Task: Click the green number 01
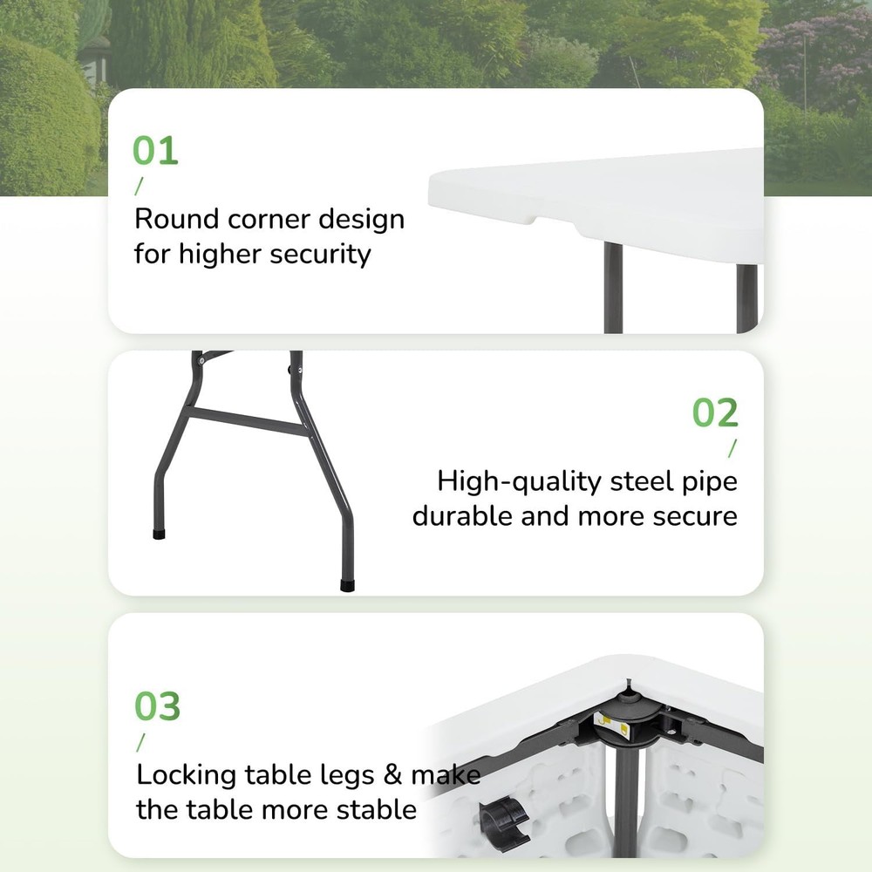[155, 150]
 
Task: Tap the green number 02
[715, 412]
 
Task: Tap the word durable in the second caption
[462, 516]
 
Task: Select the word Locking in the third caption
[186, 774]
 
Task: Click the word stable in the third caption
[373, 809]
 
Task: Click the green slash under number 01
[138, 186]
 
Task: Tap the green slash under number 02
[732, 448]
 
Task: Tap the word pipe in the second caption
[706, 481]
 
